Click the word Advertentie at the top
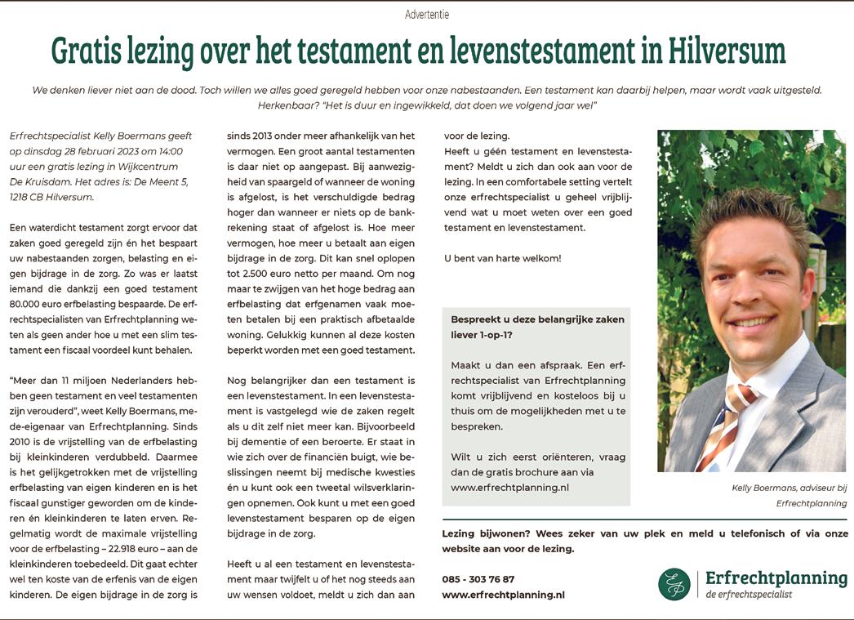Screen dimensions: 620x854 pos(427,14)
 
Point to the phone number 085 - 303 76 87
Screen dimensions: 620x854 pos(478,579)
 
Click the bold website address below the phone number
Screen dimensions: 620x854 pos(503,595)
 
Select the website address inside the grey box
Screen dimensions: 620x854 pos(509,487)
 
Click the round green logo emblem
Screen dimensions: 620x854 pos(674,584)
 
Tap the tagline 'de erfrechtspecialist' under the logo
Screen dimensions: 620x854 pos(749,595)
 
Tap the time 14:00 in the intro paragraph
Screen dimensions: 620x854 pos(171,150)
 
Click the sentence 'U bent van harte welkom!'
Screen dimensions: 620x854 pos(502,258)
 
